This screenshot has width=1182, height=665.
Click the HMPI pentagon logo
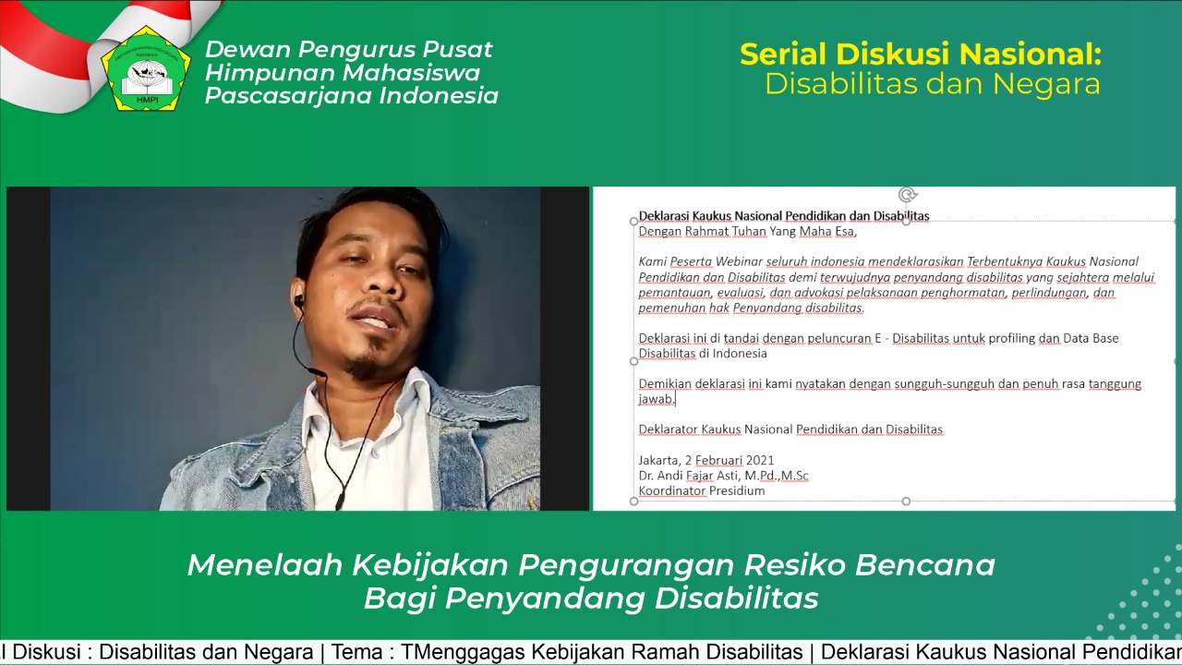click(x=146, y=68)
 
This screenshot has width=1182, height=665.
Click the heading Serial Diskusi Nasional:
click(x=921, y=54)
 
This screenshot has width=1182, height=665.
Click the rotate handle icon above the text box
click(x=907, y=195)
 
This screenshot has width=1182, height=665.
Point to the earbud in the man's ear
click(x=298, y=302)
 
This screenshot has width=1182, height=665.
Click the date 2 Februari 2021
click(x=730, y=460)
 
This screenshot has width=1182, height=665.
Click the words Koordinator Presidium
click(x=702, y=490)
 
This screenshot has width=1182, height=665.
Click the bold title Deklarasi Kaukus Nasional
click(x=711, y=216)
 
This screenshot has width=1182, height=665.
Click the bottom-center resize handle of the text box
click(x=906, y=501)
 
